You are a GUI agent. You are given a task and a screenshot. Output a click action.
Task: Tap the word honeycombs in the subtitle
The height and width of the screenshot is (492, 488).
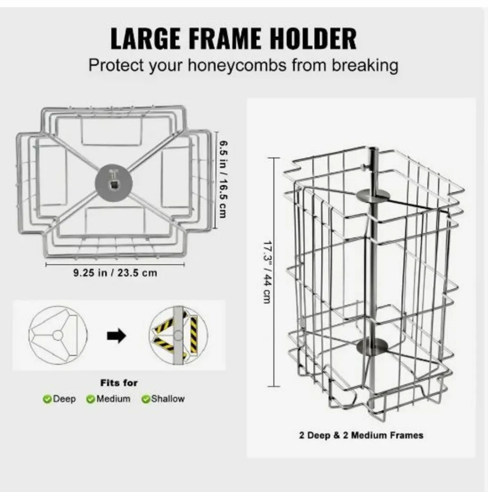(x=237, y=66)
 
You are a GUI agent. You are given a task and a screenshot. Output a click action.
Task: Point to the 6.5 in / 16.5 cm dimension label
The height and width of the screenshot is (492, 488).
(x=223, y=180)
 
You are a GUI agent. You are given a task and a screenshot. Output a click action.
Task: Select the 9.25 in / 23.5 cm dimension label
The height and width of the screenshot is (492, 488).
(x=115, y=273)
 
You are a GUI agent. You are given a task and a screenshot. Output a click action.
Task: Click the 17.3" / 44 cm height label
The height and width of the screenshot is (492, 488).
(x=267, y=272)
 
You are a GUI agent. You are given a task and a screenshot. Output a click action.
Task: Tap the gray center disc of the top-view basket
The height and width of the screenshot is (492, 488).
(x=114, y=182)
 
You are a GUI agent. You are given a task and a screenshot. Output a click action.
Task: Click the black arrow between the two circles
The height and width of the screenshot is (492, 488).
(x=116, y=336)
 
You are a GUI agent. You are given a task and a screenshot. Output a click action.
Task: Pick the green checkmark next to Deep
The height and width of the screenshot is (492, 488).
(x=47, y=399)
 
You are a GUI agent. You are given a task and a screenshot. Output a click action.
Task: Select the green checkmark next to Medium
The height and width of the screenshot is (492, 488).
(x=91, y=399)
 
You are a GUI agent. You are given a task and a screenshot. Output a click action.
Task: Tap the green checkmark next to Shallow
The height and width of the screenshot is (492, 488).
(x=146, y=399)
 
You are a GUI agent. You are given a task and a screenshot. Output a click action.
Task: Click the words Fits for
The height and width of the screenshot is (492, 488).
(x=119, y=383)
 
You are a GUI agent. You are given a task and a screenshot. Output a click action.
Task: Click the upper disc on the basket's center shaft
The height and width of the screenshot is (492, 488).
(x=373, y=196)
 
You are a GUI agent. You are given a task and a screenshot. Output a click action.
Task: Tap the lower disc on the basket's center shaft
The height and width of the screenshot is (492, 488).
(x=372, y=346)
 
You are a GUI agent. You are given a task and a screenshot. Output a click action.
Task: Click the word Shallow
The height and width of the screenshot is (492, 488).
(x=168, y=399)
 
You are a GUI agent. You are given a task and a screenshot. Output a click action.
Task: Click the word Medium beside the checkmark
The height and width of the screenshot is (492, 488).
(x=113, y=399)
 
